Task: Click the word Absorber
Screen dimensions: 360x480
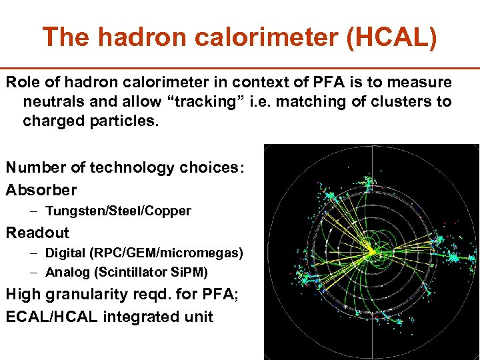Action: click(41, 190)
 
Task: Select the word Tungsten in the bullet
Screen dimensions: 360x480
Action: click(70, 211)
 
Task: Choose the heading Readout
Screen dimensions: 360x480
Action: click(37, 233)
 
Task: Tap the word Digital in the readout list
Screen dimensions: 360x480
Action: click(65, 253)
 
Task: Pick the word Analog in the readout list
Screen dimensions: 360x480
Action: click(65, 272)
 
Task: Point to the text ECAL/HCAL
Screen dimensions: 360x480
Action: click(52, 317)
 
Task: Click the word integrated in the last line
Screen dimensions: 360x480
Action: click(138, 317)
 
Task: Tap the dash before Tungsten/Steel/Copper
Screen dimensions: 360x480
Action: click(34, 211)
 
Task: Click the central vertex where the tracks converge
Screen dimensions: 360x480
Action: click(370, 251)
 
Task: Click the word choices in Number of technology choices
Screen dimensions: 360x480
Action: click(212, 169)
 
